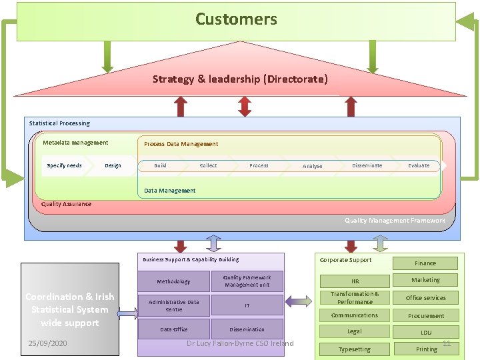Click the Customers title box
click(236, 20)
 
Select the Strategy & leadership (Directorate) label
click(240, 79)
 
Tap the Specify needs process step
click(65, 165)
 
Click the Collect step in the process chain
click(208, 165)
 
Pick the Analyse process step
click(312, 166)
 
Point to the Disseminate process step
click(367, 165)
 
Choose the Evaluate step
click(419, 165)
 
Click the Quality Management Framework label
click(395, 221)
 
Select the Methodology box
click(173, 281)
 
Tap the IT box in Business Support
click(247, 305)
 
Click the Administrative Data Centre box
click(173, 305)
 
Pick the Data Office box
click(173, 329)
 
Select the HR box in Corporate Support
click(355, 281)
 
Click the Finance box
click(425, 263)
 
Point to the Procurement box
click(425, 316)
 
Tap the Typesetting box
click(355, 349)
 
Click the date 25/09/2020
click(47, 344)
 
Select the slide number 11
click(447, 343)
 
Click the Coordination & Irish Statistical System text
click(70, 309)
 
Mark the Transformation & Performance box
click(355, 298)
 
